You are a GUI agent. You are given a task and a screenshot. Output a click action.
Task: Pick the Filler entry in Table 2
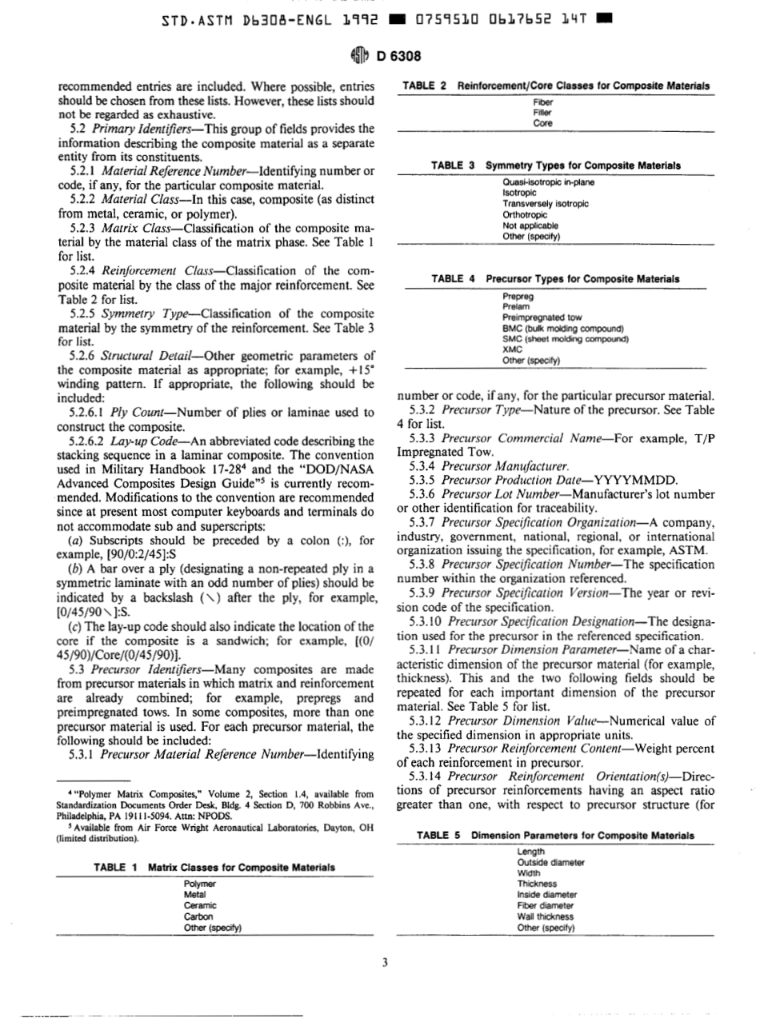(x=542, y=113)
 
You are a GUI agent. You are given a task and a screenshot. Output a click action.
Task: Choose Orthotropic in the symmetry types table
(x=525, y=214)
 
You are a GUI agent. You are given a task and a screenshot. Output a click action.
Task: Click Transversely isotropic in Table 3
(x=545, y=203)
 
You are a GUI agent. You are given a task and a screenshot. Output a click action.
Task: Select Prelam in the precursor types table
(x=514, y=305)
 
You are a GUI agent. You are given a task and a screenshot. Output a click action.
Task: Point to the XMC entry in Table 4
(x=512, y=349)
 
